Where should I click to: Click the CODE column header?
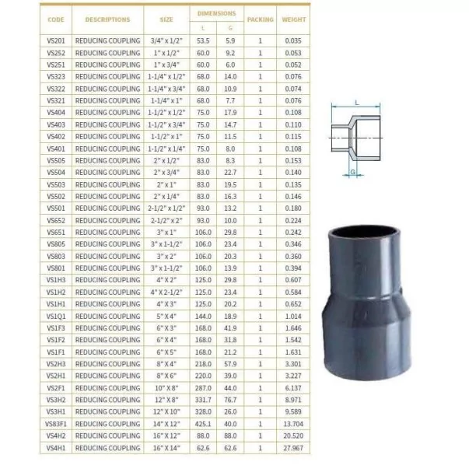(x=56, y=19)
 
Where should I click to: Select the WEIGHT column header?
(x=294, y=19)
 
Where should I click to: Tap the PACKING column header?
(x=261, y=19)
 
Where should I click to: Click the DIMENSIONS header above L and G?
(x=217, y=13)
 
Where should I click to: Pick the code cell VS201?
(x=56, y=40)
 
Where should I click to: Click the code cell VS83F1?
(x=56, y=424)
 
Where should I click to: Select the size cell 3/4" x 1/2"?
(x=166, y=40)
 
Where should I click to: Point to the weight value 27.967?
(x=293, y=448)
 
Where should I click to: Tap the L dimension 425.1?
(x=203, y=424)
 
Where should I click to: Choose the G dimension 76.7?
(x=230, y=400)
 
